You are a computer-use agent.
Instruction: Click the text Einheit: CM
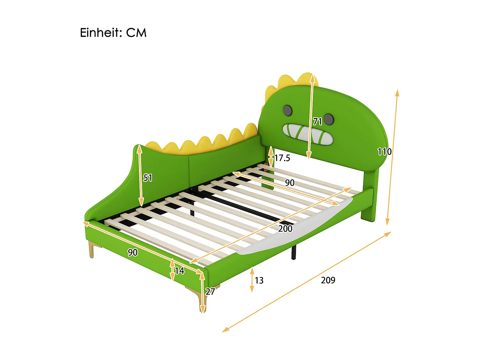coord(113,33)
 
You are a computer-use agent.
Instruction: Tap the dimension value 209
coord(328,280)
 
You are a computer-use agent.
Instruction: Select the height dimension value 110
coord(384,151)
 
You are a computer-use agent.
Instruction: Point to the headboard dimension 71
coord(317,121)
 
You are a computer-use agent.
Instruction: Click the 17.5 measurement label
coord(282,158)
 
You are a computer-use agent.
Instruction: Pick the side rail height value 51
coord(148,178)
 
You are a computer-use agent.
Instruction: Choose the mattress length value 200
coord(285,228)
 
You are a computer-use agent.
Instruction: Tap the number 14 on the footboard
coord(180,271)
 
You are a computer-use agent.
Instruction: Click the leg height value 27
coord(210,291)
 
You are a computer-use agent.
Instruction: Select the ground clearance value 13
coord(259,280)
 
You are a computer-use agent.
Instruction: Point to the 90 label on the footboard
coord(132,252)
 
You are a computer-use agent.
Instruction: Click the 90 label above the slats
coord(290,182)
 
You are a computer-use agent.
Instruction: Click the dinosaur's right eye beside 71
coord(329,119)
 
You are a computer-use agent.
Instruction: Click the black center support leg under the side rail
coord(293,252)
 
